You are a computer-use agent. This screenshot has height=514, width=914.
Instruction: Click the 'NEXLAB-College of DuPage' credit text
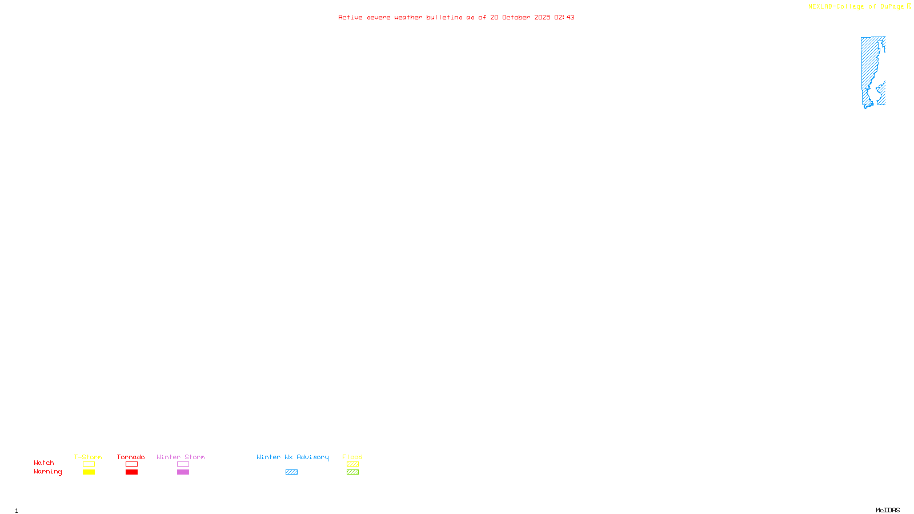coord(856,7)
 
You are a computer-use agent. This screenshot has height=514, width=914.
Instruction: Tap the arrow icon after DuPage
coord(909,6)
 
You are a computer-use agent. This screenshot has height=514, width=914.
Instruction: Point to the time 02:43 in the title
coord(564,17)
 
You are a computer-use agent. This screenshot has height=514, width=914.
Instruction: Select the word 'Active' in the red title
coord(350,17)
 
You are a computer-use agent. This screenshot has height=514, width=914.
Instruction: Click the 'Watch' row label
coord(44,463)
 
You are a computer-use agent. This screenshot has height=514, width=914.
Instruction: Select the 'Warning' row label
coord(47,472)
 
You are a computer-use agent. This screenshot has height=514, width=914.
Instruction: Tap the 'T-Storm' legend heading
coord(88,457)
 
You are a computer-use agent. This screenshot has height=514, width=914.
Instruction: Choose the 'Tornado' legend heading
coord(131,457)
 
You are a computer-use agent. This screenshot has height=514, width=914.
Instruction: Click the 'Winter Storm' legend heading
coord(181,457)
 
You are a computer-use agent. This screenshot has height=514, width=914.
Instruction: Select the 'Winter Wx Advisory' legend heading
coord(292,457)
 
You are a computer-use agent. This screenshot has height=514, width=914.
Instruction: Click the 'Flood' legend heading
coord(352,457)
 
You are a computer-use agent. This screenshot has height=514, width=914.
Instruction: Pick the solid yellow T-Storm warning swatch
coord(89,472)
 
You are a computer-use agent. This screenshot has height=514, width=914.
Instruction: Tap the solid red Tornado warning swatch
coord(131,472)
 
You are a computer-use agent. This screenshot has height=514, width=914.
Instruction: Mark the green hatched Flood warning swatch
coord(352,472)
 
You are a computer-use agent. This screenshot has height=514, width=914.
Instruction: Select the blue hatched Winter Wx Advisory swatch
coord(291,472)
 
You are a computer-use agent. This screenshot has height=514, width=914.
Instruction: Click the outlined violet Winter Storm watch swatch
coord(183,464)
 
